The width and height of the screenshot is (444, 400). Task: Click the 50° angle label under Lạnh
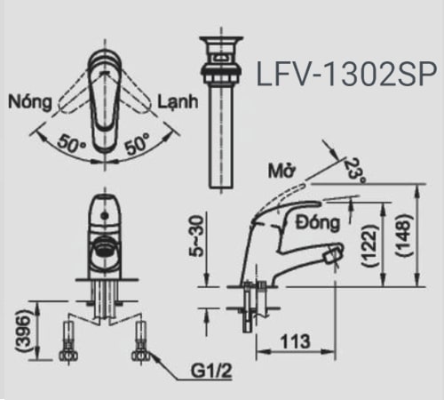137,142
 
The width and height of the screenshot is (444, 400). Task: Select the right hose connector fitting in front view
139,342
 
